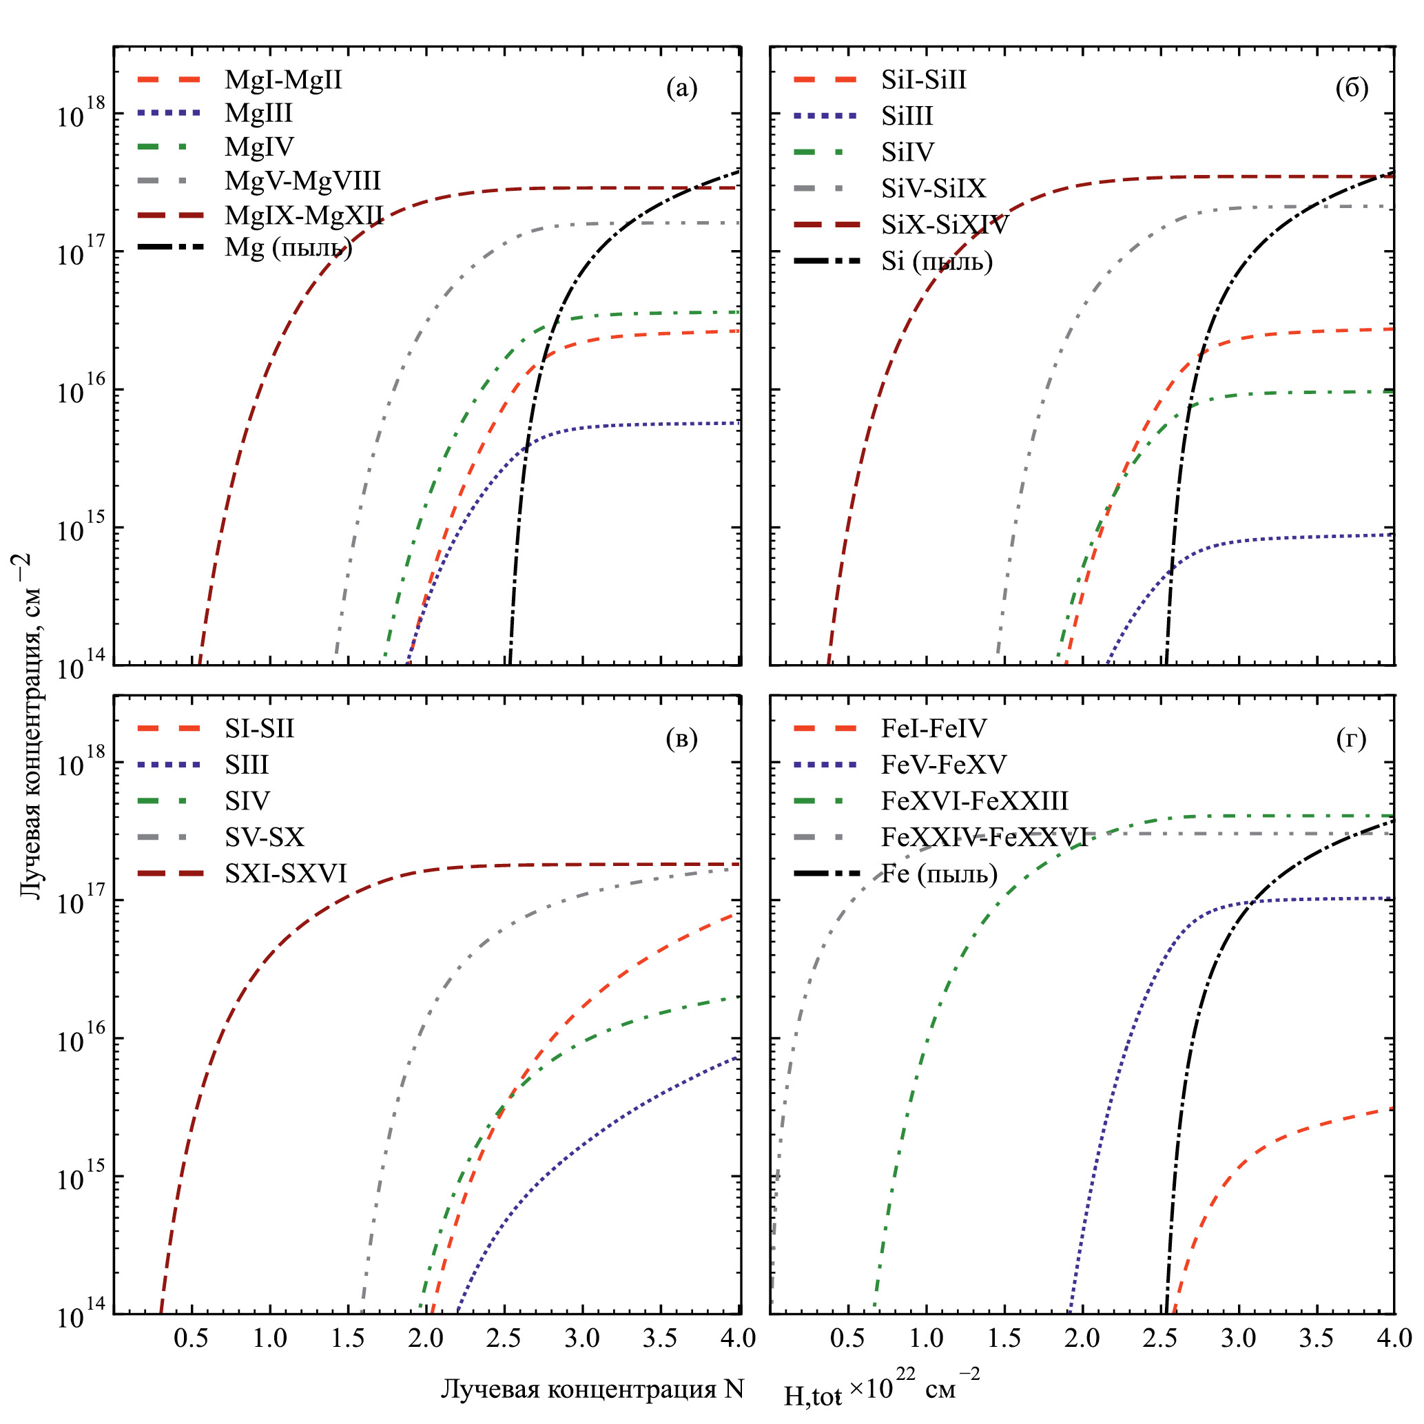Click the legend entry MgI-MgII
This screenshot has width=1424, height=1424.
[283, 80]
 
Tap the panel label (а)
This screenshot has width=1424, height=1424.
[681, 88]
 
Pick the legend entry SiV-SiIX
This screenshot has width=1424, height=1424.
[933, 189]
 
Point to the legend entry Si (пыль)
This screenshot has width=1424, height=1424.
[937, 261]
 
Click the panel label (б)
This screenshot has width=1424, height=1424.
[1352, 88]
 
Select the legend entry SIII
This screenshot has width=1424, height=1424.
[247, 765]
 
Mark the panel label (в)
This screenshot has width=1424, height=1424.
[681, 739]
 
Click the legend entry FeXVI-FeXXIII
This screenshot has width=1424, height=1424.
[974, 801]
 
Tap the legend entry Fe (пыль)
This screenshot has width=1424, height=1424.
[939, 874]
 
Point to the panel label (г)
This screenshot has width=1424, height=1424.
[1352, 739]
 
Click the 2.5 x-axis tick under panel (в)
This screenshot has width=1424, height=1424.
[504, 1338]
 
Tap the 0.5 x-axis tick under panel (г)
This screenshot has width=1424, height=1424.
[847, 1338]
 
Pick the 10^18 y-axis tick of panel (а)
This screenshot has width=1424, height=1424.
[81, 114]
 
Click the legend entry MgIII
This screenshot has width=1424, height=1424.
[259, 113]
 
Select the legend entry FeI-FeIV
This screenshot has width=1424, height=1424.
[933, 729]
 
